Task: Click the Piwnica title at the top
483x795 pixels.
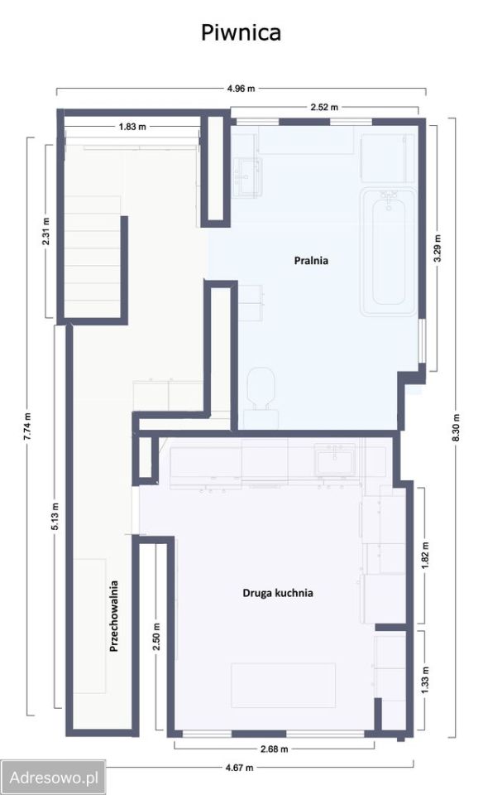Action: [241, 33]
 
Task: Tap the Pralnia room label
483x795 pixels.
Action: [311, 261]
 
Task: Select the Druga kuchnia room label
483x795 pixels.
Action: [278, 593]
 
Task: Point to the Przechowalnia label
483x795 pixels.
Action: [114, 616]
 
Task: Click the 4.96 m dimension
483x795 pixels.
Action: [241, 89]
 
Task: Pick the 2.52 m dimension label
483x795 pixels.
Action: [324, 107]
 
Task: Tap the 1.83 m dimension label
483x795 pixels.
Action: [132, 127]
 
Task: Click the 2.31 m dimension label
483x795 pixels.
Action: [46, 231]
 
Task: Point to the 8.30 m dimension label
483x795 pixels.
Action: [457, 427]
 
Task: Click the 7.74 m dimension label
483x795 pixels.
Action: [28, 426]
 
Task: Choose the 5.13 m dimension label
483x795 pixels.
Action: [55, 516]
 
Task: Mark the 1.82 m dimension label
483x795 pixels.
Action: [425, 556]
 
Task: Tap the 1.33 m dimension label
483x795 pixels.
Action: [425, 679]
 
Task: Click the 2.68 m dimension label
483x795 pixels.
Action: [274, 749]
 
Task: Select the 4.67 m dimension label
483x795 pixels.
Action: [240, 768]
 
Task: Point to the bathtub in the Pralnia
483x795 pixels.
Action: [389, 251]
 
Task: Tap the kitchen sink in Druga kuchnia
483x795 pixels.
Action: [335, 460]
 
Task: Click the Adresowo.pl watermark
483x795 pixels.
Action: [53, 778]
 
